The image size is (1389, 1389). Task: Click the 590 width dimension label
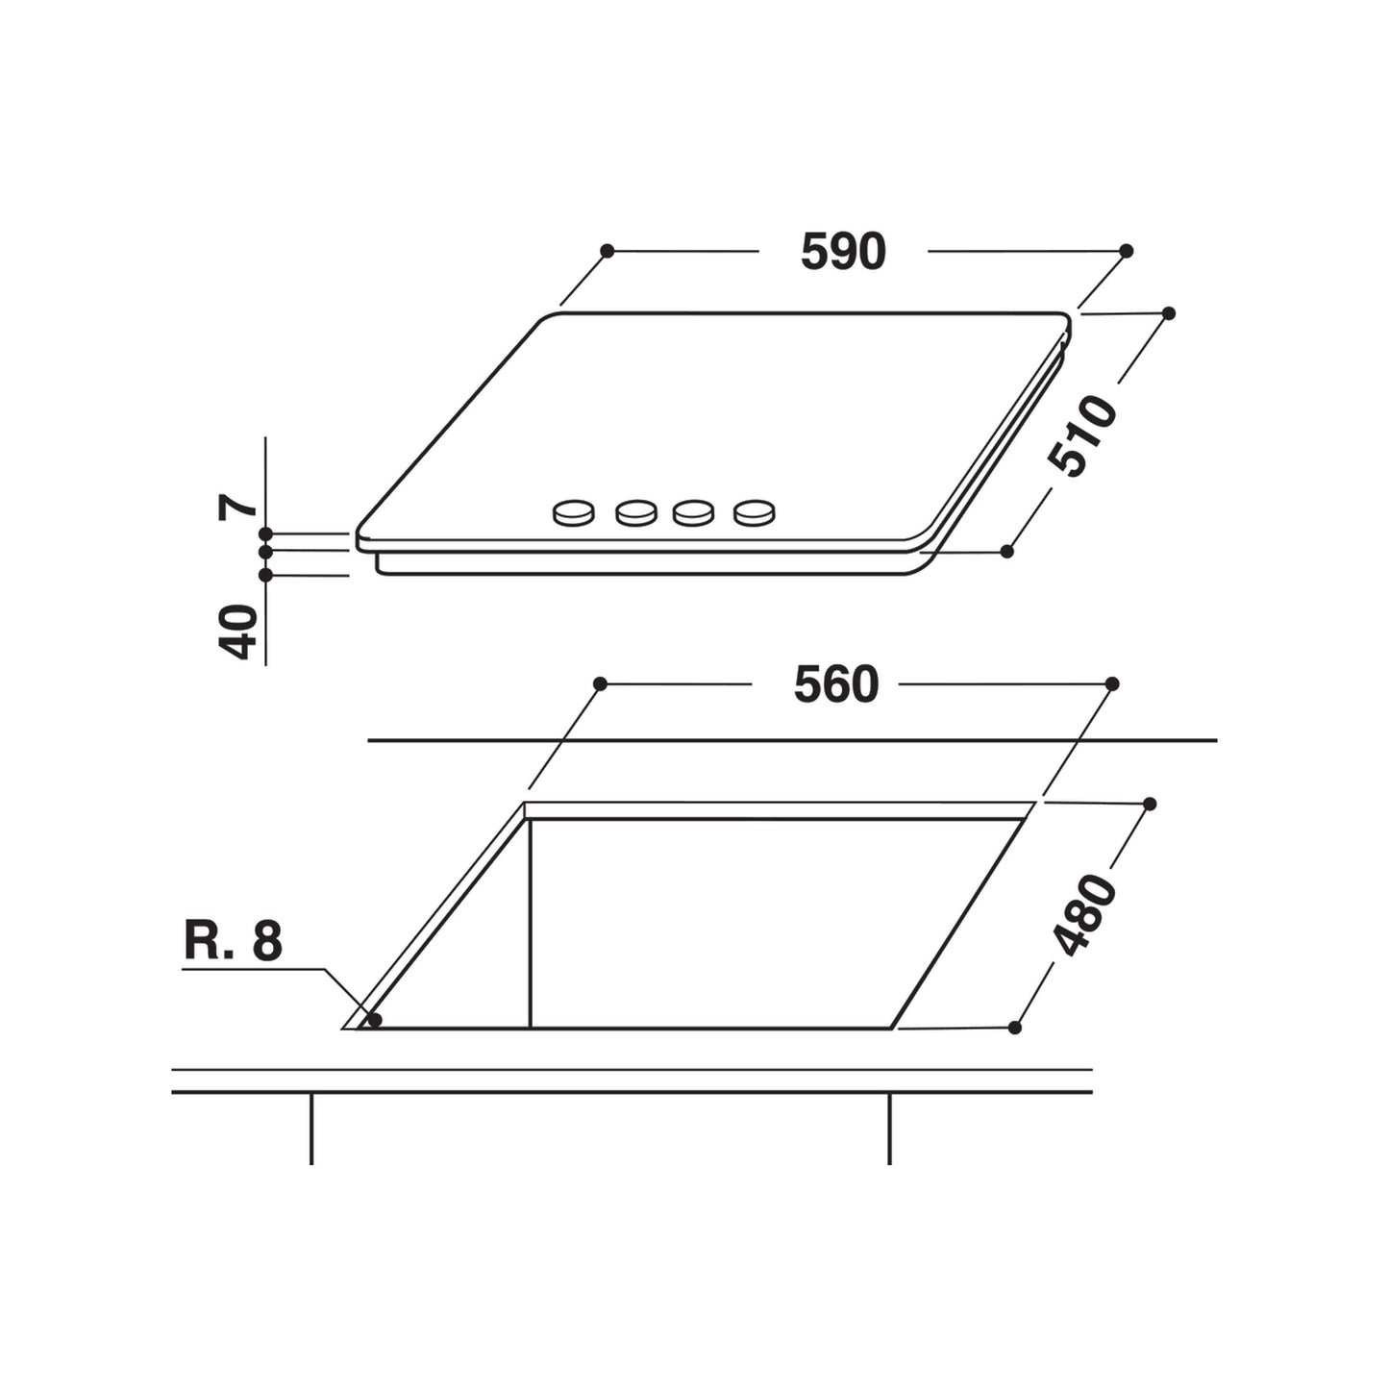click(842, 252)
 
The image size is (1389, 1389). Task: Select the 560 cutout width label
click(835, 685)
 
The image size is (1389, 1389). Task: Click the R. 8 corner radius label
click(233, 942)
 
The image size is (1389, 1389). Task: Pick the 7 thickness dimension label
click(237, 507)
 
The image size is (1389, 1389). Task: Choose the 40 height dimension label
click(239, 632)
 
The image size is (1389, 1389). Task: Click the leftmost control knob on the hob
click(574, 513)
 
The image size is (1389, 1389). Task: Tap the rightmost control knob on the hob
click(754, 513)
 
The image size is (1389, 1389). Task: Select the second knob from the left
click(635, 513)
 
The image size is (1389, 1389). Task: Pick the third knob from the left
click(693, 513)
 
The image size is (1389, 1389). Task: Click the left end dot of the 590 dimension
click(607, 251)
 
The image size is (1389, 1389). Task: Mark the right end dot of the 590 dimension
click(1127, 251)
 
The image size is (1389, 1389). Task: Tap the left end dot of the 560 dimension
click(600, 683)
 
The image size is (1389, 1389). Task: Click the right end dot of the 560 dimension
click(1112, 683)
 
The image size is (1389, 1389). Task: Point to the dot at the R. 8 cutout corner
click(375, 1019)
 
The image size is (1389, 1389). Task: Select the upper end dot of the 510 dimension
click(1169, 313)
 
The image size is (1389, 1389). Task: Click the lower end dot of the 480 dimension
click(1014, 1028)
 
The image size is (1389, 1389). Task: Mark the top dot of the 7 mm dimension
click(266, 533)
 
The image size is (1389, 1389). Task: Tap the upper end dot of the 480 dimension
click(1149, 804)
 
